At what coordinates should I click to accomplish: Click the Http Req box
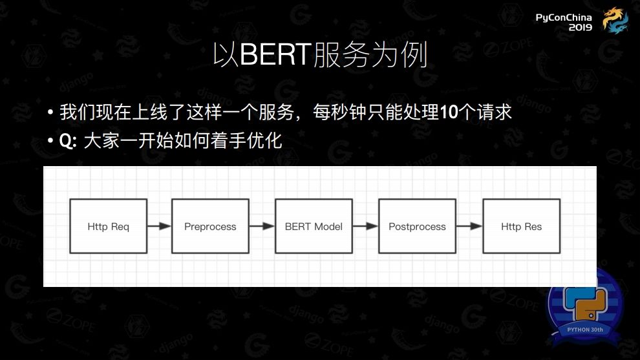pos(108,226)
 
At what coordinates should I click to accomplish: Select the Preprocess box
pos(210,226)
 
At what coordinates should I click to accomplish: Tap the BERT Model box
pos(314,226)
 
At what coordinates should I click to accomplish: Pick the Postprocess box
pos(417,226)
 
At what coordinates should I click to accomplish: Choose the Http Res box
pos(521,226)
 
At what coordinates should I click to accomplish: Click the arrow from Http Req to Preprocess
pos(159,226)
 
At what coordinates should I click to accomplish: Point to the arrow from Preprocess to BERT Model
pos(262,226)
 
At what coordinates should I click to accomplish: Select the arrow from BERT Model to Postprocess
pos(365,226)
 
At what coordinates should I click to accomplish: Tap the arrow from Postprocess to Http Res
pos(469,226)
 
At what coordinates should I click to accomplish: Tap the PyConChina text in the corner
pos(564,17)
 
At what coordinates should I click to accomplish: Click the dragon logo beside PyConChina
pos(615,20)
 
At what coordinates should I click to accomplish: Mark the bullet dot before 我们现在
pos(50,113)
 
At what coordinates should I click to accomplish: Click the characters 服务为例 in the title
pos(370,56)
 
